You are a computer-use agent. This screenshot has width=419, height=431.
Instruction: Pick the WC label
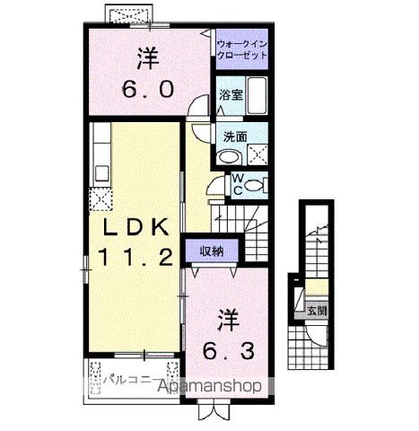(238, 185)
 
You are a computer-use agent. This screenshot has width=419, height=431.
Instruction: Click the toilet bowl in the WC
(255, 186)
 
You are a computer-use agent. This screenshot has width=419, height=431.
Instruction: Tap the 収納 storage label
(211, 251)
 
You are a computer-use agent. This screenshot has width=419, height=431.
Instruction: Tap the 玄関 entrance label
(318, 312)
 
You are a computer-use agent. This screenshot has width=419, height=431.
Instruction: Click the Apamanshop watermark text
(211, 387)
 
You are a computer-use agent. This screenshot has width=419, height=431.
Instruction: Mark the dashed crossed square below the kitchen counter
(100, 199)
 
